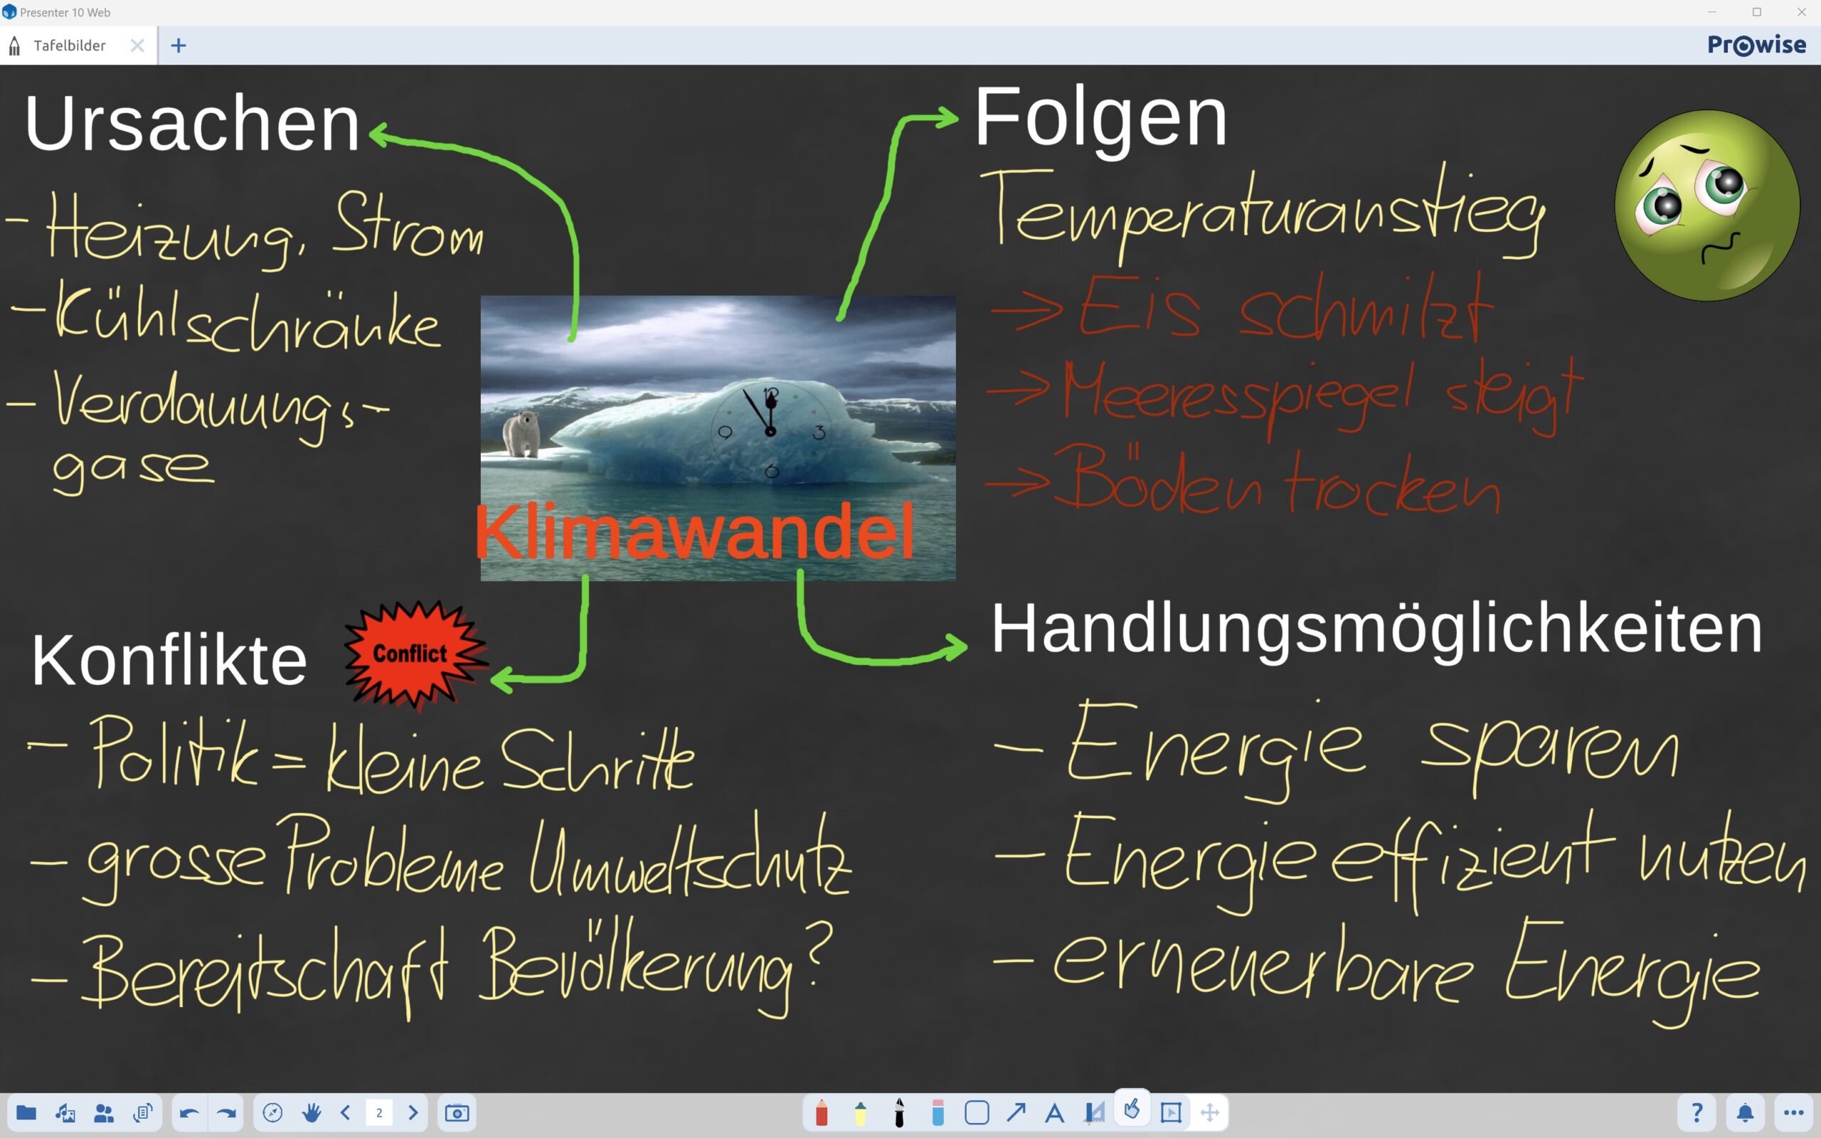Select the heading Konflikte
[169, 660]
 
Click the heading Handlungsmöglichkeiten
[1376, 631]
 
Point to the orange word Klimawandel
[694, 531]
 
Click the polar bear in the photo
[521, 434]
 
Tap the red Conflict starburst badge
[415, 654]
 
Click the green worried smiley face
[1706, 206]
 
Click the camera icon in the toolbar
[457, 1112]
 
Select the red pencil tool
[821, 1112]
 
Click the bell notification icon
[1745, 1112]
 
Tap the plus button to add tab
[179, 45]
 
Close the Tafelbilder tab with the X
[137, 45]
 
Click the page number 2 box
[379, 1112]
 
